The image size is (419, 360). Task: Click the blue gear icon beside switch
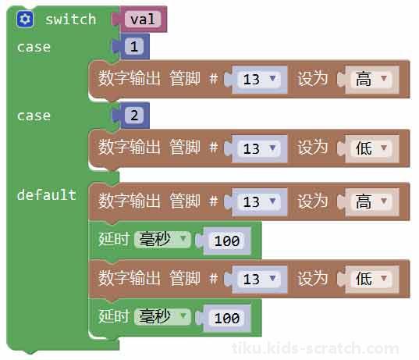click(x=25, y=20)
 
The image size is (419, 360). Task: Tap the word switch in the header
click(x=70, y=20)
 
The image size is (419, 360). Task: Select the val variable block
click(x=143, y=20)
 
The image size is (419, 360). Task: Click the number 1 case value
click(x=134, y=46)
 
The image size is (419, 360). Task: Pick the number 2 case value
click(x=134, y=116)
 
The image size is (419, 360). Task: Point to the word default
click(x=47, y=194)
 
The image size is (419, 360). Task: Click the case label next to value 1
click(x=34, y=48)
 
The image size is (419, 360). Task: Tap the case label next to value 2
click(x=34, y=116)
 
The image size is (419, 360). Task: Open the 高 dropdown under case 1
click(x=371, y=79)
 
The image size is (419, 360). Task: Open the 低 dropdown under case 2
click(x=371, y=148)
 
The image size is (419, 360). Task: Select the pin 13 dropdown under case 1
click(x=259, y=79)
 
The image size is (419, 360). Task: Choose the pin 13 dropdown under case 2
click(x=259, y=148)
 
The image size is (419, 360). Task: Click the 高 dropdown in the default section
click(x=371, y=201)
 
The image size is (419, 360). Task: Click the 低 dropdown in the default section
click(x=371, y=279)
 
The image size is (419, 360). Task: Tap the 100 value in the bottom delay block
click(x=227, y=318)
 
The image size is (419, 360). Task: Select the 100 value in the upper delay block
click(x=227, y=241)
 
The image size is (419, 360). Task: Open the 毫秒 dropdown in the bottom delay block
click(x=162, y=317)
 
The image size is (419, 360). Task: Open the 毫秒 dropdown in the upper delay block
click(x=162, y=240)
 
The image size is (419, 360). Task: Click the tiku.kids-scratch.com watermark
click(x=315, y=348)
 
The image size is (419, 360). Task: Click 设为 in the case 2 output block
click(x=313, y=148)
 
